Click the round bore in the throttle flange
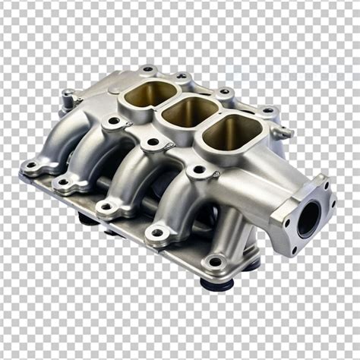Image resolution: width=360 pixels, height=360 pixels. coord(308,219)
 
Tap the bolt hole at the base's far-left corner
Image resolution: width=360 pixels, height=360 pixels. coord(31,164)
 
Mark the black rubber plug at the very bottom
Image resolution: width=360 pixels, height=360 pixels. coord(217,284)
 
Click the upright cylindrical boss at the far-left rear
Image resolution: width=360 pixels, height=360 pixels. coord(69,96)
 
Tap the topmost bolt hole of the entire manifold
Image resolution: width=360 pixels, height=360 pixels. coord(146,69)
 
